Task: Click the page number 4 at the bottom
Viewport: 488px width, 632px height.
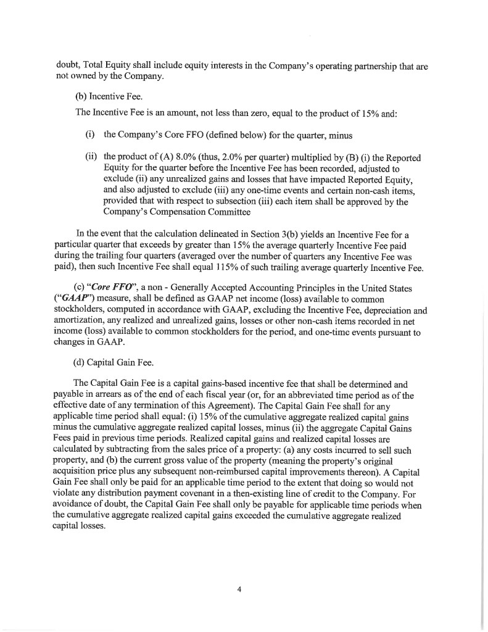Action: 239,588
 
